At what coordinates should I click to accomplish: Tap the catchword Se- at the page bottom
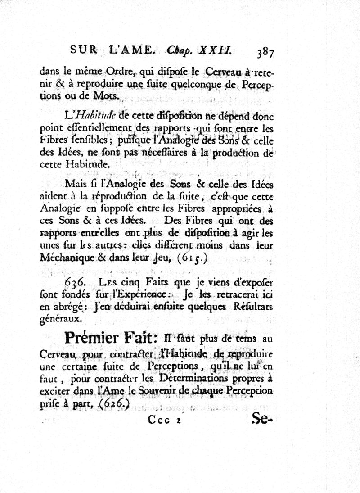point(263,420)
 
